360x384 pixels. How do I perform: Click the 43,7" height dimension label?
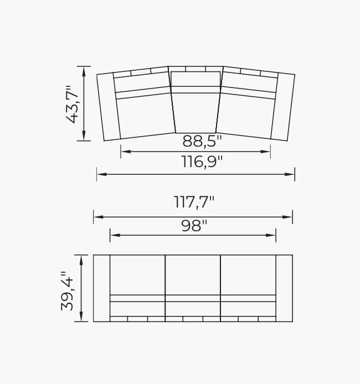tap(73, 104)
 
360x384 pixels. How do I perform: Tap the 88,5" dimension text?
tap(202, 142)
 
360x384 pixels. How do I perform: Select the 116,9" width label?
tap(202, 162)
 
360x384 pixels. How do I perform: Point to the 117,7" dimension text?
tap(194, 203)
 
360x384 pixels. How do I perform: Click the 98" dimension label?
tap(194, 226)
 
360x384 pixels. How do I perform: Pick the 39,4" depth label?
tap(67, 290)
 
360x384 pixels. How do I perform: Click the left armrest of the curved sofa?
tap(109, 106)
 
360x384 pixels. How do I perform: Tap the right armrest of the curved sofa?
tap(283, 106)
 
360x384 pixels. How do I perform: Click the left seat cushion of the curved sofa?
tap(145, 116)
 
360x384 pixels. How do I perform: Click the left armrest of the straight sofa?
tap(101, 288)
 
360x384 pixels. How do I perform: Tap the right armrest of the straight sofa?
tap(284, 288)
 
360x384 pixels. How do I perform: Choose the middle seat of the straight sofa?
tap(193, 275)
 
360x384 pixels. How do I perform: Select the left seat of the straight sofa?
tap(137, 275)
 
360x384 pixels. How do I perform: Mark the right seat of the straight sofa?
tap(248, 275)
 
